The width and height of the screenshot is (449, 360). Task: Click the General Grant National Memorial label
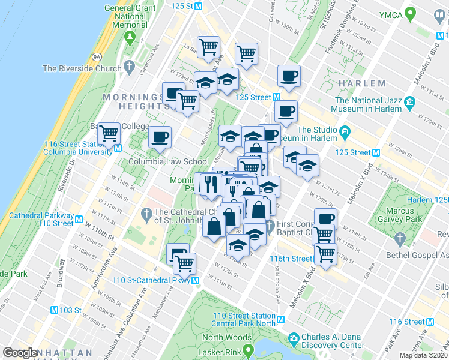(x=125, y=16)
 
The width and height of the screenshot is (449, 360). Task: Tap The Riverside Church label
(x=82, y=68)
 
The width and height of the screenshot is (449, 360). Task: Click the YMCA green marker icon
(x=411, y=13)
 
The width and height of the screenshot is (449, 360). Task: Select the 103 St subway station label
(x=71, y=310)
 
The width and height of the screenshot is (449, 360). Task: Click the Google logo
(x=20, y=353)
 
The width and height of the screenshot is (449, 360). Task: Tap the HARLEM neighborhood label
(x=361, y=83)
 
